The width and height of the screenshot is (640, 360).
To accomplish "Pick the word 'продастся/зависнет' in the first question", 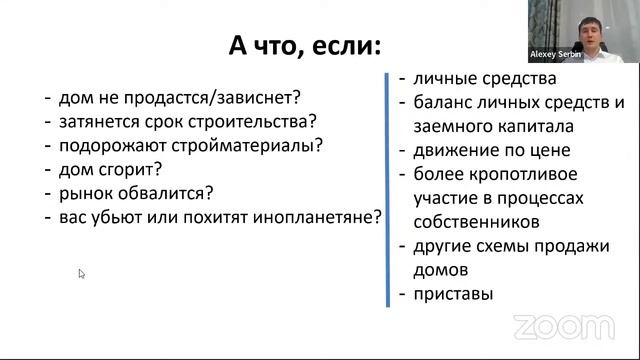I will coord(224,98).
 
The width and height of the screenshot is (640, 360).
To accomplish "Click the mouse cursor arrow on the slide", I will coord(82,273).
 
